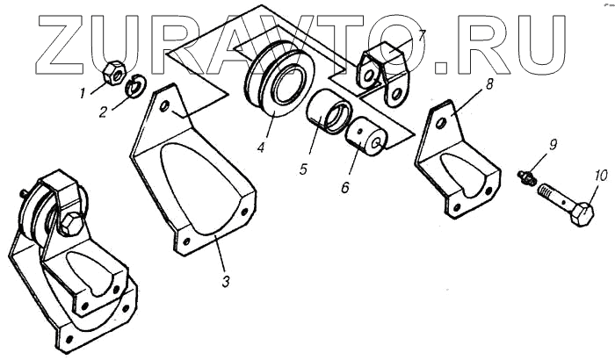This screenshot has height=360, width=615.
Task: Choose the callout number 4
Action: coord(261,148)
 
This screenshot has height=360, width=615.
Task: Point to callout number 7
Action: coord(421,37)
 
